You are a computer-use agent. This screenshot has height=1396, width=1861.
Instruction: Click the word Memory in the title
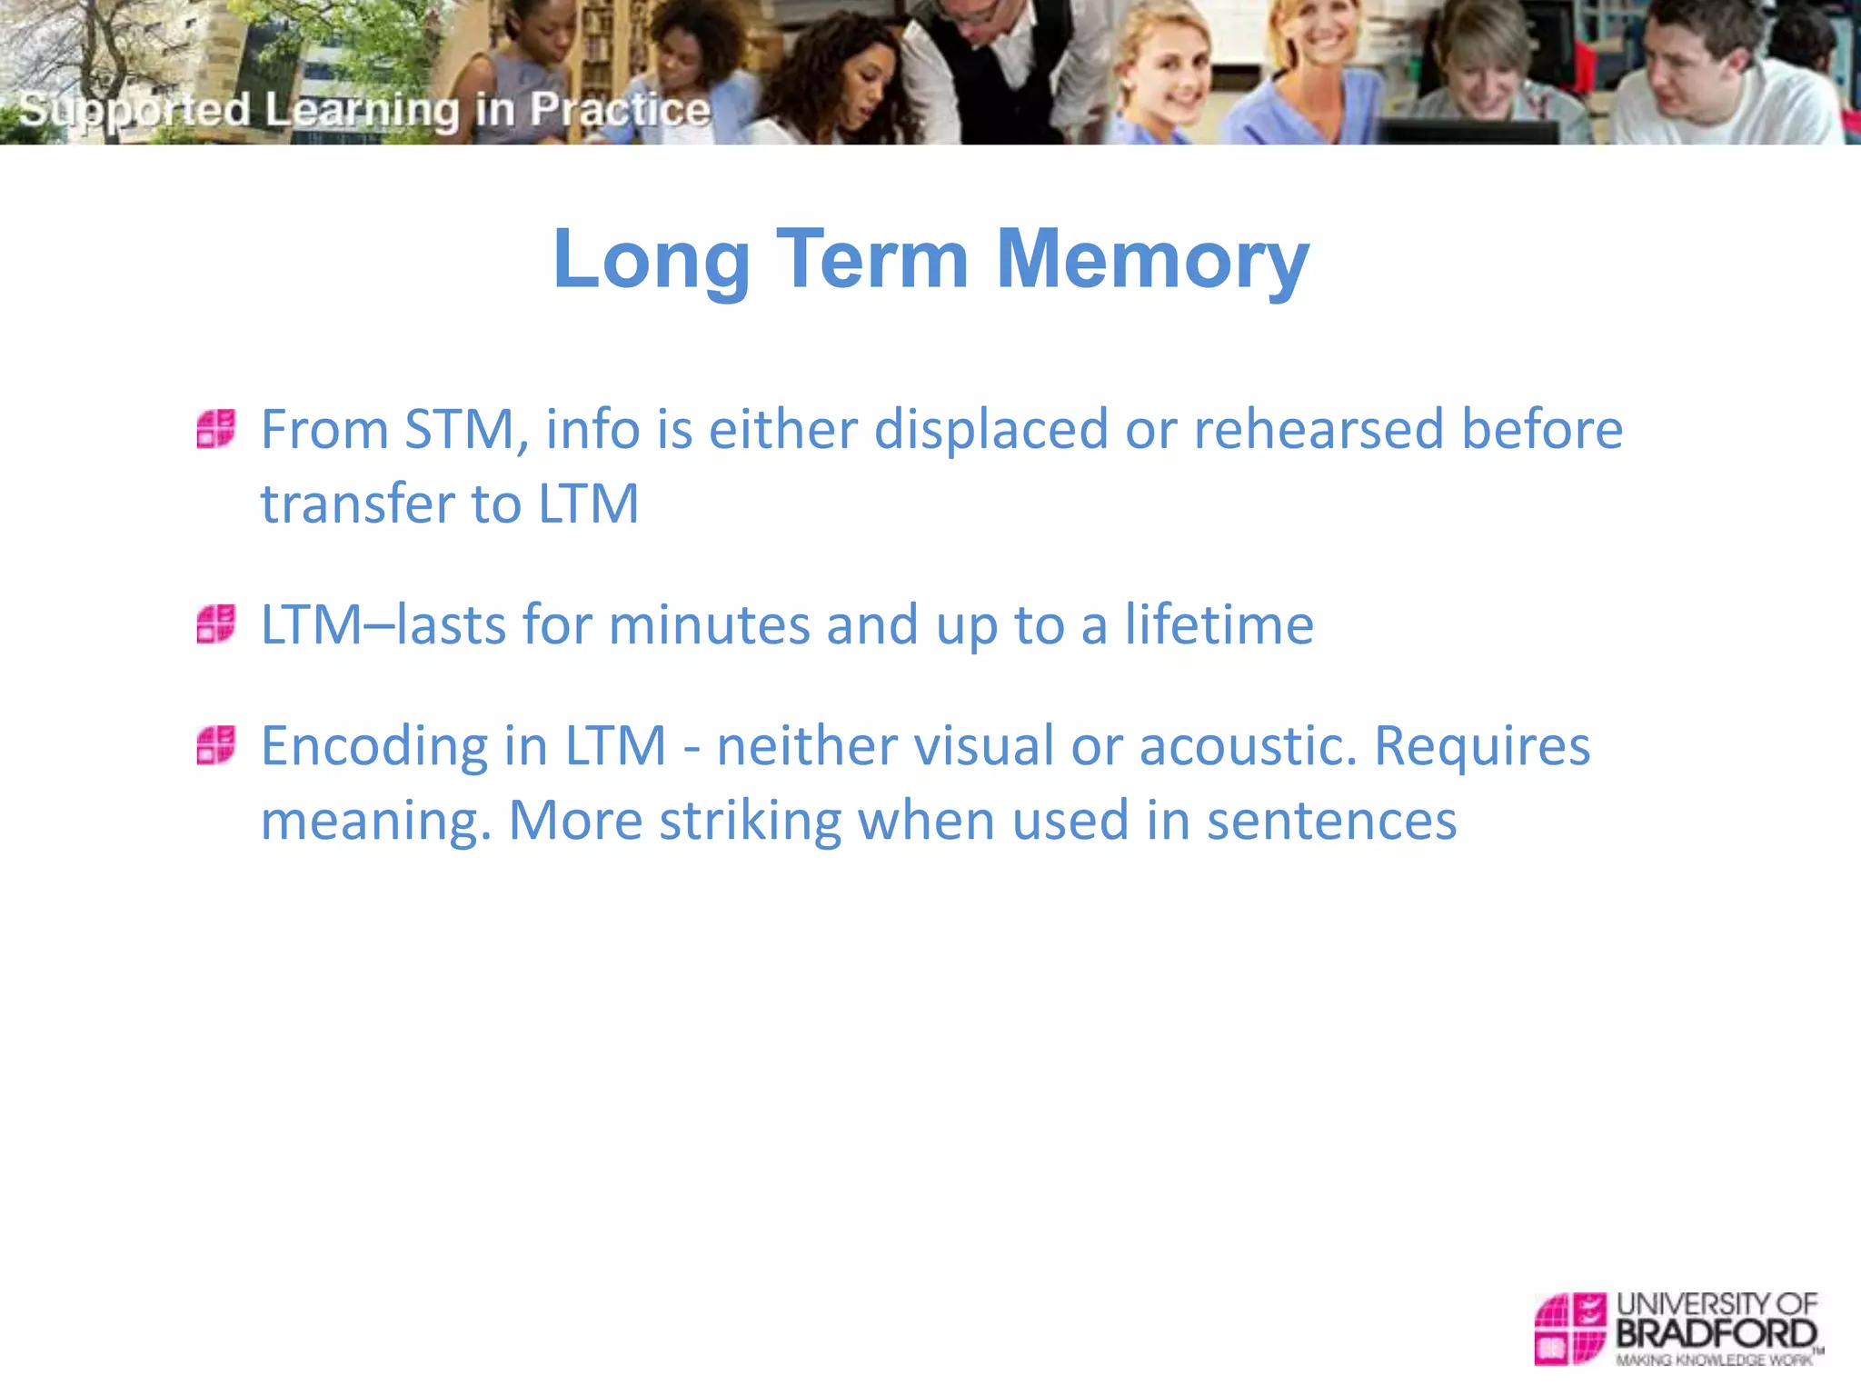click(1152, 260)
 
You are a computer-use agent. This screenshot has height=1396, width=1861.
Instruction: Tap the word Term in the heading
click(872, 260)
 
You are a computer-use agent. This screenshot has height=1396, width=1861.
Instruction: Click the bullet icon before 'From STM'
click(216, 429)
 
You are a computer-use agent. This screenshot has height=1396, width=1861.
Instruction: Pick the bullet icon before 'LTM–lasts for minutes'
click(216, 624)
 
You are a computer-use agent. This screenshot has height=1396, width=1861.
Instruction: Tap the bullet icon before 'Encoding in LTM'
click(216, 745)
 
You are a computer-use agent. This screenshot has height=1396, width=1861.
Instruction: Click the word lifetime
click(1219, 624)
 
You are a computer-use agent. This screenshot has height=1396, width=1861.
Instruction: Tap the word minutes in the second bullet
click(709, 624)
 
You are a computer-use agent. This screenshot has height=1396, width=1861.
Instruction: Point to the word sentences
click(1331, 821)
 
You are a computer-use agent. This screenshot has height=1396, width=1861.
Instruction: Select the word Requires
click(1481, 746)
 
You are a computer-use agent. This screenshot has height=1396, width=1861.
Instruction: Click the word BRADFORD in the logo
click(1716, 1334)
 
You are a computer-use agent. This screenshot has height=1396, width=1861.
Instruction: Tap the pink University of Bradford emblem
click(1569, 1329)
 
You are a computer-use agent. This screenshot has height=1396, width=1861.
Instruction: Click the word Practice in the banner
click(620, 109)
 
